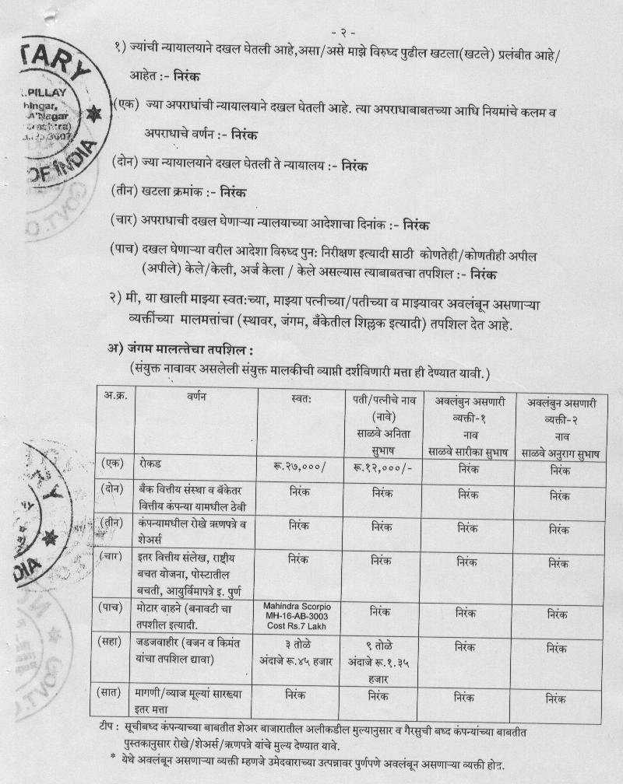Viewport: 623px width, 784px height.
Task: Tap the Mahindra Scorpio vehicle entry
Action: (298, 616)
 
